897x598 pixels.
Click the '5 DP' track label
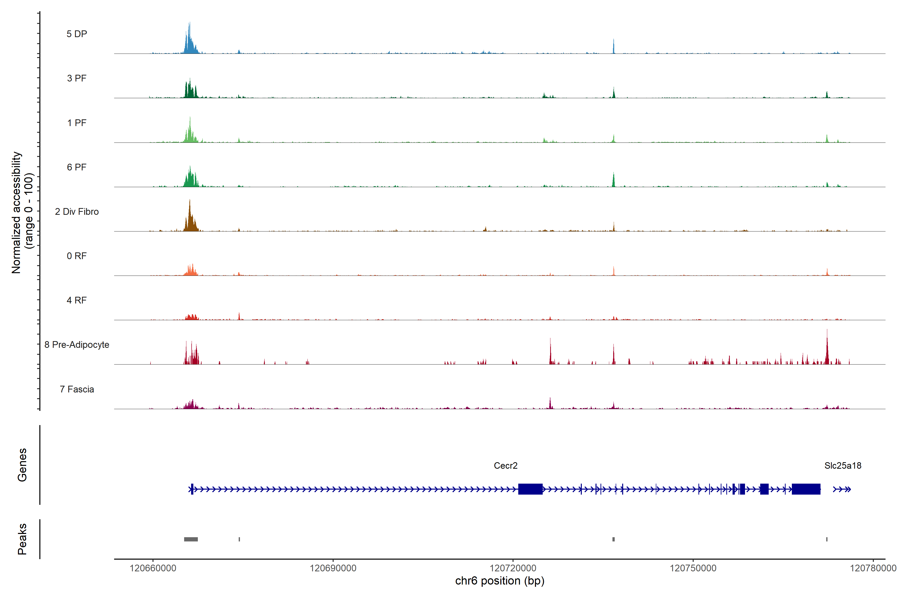tap(77, 34)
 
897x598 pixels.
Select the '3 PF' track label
tap(77, 78)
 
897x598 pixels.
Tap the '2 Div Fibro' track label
tap(77, 212)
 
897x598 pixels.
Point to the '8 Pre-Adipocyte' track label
tap(77, 345)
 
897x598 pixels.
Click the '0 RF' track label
tap(77, 256)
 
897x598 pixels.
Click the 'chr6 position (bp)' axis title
tap(500, 581)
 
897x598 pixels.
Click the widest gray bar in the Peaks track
tap(191, 539)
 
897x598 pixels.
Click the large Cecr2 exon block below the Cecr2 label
tap(530, 489)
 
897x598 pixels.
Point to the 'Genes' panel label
tap(22, 465)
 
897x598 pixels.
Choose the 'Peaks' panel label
tap(22, 539)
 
